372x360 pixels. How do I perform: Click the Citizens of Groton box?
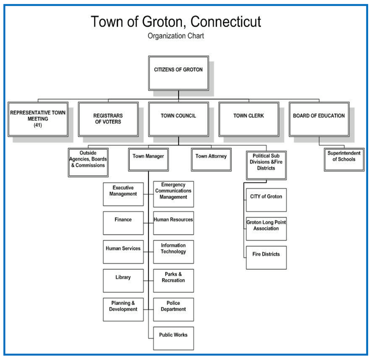coord(178,73)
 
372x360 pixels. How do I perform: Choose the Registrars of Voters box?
coord(108,119)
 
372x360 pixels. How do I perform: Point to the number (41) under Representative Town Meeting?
coord(38,125)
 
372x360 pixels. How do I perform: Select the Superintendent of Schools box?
coord(344,159)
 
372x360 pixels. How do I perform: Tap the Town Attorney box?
coord(211,159)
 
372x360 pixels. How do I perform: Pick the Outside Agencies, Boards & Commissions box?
coord(88,162)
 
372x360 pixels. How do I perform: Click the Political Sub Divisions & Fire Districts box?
coord(266,165)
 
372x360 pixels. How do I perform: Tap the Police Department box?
coord(173,309)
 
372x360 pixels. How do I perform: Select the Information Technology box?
coord(173,251)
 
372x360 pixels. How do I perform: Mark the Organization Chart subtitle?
coord(176,36)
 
